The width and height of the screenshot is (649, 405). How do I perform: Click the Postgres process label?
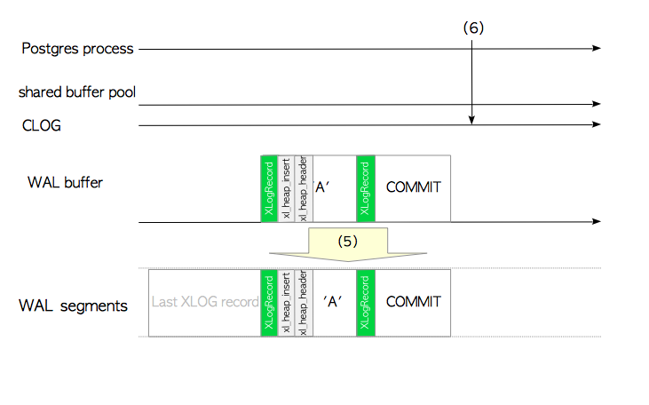pos(77,48)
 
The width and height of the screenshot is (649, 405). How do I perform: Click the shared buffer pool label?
pos(78,91)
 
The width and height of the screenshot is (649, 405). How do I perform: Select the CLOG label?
pos(41,125)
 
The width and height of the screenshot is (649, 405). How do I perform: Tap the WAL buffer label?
pos(65,183)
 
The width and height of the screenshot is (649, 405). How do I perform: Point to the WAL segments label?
pos(73,306)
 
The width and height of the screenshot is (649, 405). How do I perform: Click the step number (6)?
pos(473,28)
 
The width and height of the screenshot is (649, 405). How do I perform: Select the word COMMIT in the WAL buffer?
pos(413,188)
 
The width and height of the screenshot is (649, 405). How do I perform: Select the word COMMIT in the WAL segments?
pos(413,302)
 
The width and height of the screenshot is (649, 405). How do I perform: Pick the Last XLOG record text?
pos(204,302)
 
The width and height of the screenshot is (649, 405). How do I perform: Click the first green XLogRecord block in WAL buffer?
pos(268,188)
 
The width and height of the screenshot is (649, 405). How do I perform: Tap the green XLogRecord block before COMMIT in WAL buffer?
pos(366,188)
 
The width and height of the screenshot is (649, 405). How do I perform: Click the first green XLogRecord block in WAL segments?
pos(268,302)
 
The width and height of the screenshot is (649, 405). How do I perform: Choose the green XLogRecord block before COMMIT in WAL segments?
pos(366,302)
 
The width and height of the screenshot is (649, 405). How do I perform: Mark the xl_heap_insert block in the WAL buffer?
pos(286,188)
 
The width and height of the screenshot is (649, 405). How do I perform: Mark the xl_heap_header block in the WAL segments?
pos(303,302)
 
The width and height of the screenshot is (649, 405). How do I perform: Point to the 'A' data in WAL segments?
pos(334,302)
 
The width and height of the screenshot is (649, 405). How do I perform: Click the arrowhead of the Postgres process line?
pos(598,48)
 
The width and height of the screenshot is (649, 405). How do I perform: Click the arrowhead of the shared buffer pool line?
pos(598,104)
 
